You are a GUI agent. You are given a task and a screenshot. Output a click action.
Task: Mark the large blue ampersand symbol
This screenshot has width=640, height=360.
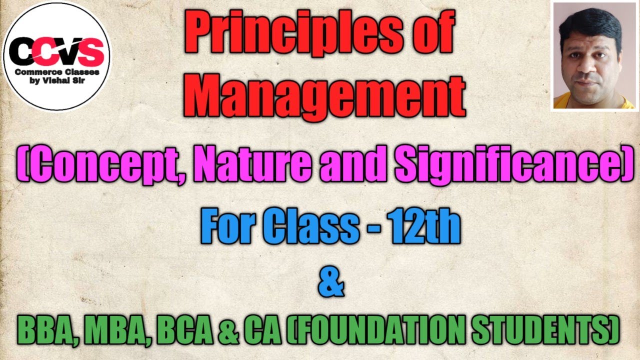pyautogui.click(x=330, y=283)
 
